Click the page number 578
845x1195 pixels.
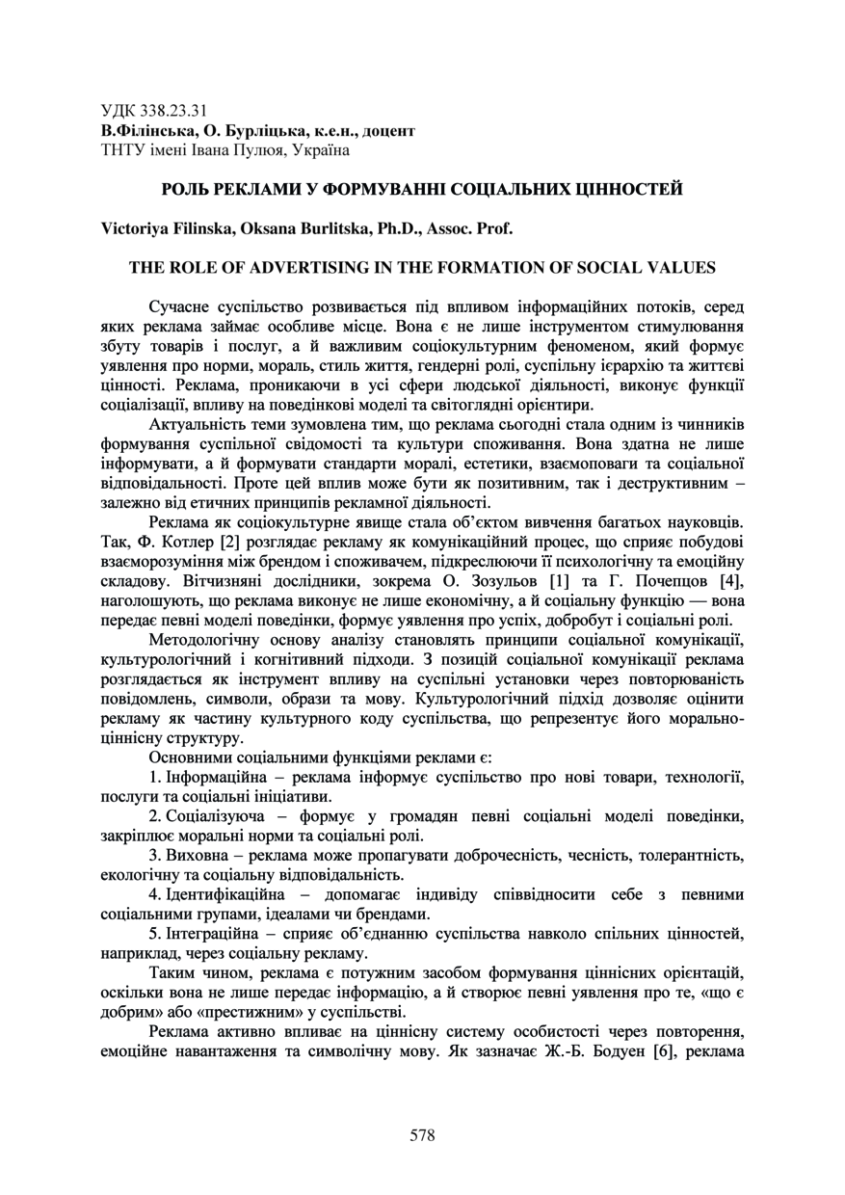click(x=422, y=1135)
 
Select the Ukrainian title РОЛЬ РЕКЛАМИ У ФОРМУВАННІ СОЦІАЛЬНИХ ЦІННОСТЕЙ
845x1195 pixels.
click(x=422, y=189)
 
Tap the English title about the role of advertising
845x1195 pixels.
click(x=422, y=267)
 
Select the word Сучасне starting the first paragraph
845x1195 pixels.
click(x=183, y=306)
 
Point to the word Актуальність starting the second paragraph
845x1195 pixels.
click(x=201, y=424)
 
